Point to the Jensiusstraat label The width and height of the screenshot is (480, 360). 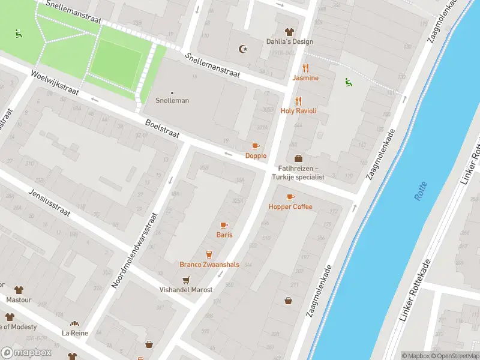click(49, 203)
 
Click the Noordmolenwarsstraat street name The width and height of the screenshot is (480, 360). click(135, 250)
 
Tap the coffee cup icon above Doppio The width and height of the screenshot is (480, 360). click(256, 146)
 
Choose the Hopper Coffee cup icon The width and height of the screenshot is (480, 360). click(290, 197)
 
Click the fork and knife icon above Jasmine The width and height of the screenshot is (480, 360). click(305, 68)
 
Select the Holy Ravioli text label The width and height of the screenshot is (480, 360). click(298, 111)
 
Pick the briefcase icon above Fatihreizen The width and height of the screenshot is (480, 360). click(298, 158)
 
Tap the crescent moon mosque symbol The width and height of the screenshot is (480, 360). click(242, 49)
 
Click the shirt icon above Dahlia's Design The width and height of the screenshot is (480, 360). click(289, 32)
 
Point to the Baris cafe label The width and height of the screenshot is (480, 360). click(224, 235)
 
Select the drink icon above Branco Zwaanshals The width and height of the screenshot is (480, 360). click(209, 254)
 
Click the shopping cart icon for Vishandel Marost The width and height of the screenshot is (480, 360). click(186, 280)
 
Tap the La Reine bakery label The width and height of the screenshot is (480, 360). click(74, 332)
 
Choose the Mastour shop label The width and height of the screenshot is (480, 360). click(18, 299)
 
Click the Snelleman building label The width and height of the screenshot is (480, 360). click(172, 100)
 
